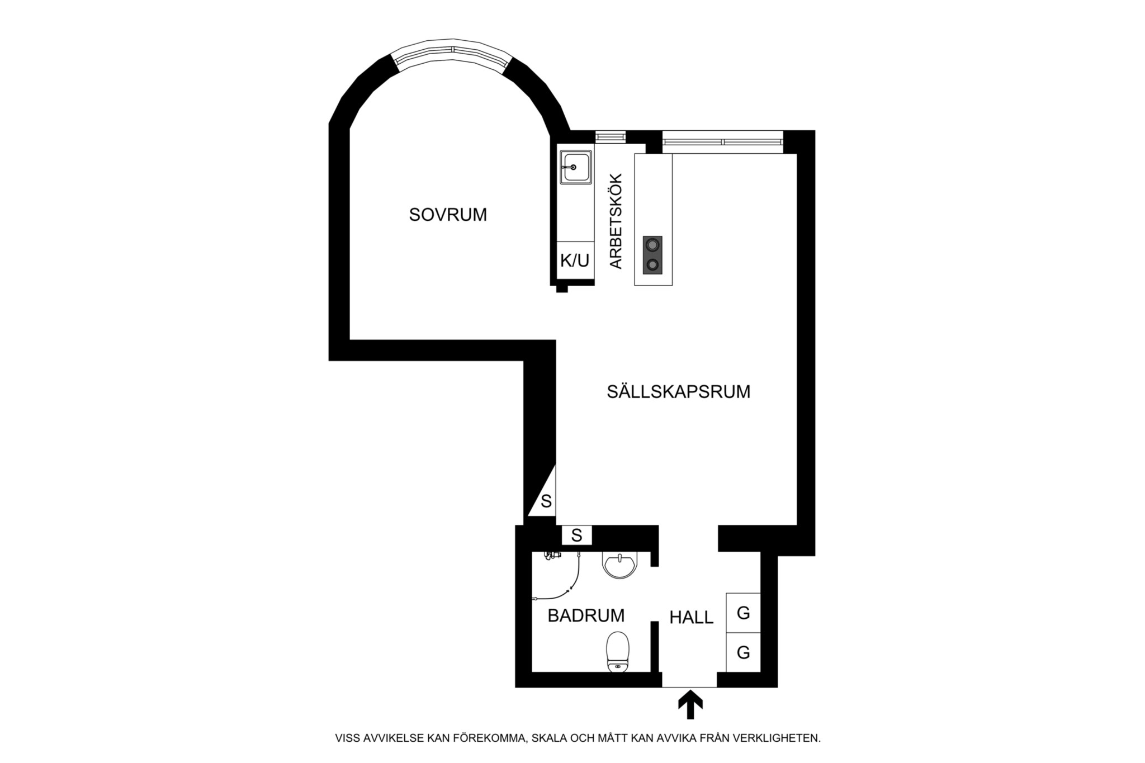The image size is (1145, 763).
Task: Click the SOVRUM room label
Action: coord(448,215)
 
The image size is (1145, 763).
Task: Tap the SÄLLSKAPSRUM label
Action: coord(679,391)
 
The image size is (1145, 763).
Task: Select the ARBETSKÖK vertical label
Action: coord(616,221)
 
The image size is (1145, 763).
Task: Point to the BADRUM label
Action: coord(586,615)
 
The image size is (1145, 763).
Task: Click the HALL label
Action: coord(692,617)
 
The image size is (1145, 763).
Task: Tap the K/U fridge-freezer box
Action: coord(575,260)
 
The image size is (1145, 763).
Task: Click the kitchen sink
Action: coord(576,167)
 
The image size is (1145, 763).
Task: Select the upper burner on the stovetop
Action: coord(652,244)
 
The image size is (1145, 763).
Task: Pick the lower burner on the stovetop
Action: coord(652,264)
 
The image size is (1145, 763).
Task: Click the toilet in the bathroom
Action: coord(618,652)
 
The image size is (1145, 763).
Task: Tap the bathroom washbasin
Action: coord(619,565)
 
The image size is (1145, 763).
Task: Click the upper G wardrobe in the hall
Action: coord(743,613)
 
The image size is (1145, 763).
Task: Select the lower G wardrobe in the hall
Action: coord(743,652)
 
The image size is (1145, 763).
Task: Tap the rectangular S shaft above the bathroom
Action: coord(576,535)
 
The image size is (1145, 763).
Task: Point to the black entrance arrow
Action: coord(690,705)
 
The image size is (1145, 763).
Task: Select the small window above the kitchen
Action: coord(610,136)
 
